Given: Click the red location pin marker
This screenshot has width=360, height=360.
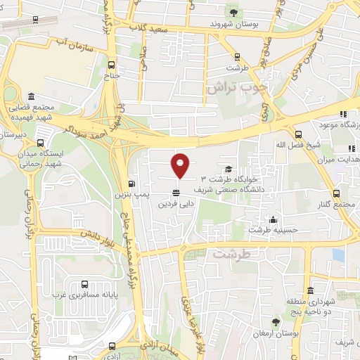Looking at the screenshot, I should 181,166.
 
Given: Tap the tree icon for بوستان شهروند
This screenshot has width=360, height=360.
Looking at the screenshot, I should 233,12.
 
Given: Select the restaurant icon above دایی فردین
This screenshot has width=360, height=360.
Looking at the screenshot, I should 176,193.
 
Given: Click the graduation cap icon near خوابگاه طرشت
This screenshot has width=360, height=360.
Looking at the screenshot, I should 228,169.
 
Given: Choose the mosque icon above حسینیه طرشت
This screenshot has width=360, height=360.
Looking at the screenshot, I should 273,219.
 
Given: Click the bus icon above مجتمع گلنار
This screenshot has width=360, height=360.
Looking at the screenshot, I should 337,193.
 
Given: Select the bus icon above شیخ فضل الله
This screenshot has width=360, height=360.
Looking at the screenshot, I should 298,134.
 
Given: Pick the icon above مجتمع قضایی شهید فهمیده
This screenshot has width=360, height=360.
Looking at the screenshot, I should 30,97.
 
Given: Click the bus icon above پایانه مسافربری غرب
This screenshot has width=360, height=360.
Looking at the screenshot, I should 84,285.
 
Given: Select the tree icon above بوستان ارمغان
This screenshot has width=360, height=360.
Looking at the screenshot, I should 276,322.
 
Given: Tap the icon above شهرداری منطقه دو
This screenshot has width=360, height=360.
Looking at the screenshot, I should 309,291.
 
